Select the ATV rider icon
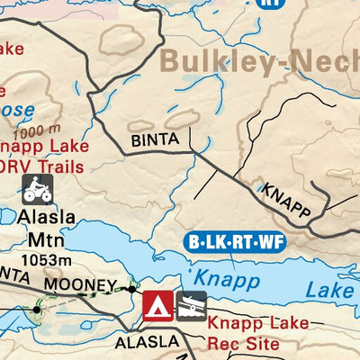coord(37,189)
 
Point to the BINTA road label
coord(149,139)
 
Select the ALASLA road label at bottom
coord(146,342)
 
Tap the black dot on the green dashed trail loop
coord(37,310)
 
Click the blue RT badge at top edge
coord(267,3)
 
